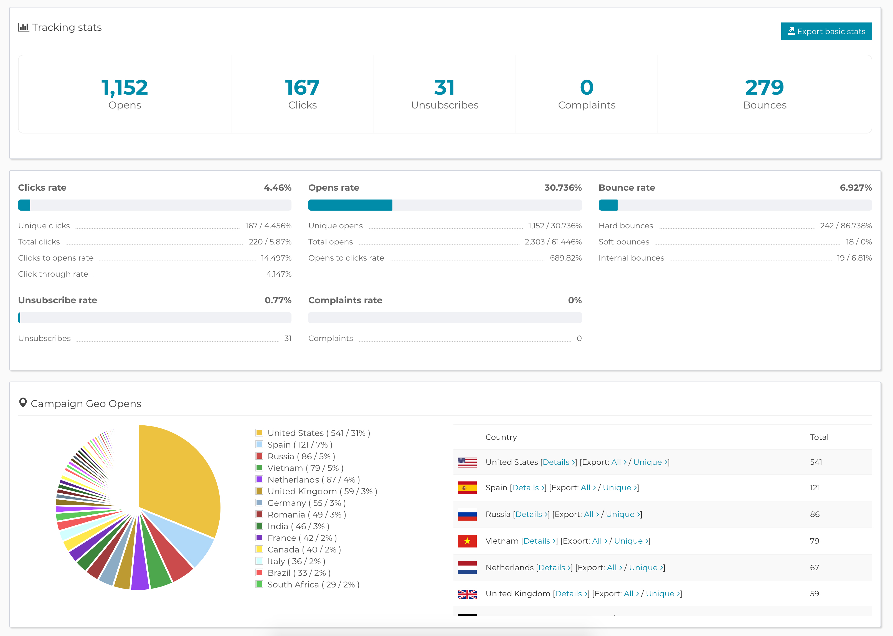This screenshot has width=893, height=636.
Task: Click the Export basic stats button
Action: point(826,31)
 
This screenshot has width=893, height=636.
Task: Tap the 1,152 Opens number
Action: point(125,87)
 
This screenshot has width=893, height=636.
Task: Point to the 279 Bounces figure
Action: point(764,87)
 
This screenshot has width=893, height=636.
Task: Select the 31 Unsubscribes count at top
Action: point(444,87)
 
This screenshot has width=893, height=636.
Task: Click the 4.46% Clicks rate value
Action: point(277,188)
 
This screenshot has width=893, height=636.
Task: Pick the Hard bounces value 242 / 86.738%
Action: point(846,226)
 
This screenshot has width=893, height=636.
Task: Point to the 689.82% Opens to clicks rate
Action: point(565,258)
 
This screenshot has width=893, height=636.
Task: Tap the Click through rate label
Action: point(53,274)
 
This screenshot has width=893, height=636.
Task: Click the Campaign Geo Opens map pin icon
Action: point(23,403)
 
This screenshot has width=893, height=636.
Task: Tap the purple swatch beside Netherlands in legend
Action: point(259,479)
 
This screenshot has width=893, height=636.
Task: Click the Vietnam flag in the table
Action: point(467,541)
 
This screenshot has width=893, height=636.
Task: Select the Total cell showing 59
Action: point(814,594)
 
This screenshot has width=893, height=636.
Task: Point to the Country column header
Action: point(501,437)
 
